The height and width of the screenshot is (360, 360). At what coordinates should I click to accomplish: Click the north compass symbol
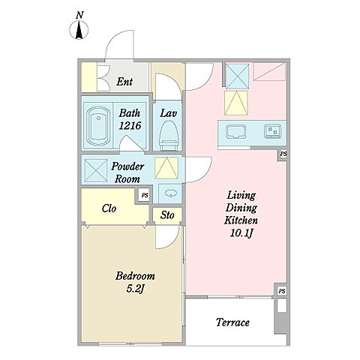pyautogui.click(x=79, y=30)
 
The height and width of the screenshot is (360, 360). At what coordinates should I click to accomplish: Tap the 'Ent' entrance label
pyautogui.click(x=124, y=82)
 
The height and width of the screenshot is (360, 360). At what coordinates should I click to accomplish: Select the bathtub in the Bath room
pyautogui.click(x=98, y=126)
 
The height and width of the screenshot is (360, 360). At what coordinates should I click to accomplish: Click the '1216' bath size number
pyautogui.click(x=130, y=125)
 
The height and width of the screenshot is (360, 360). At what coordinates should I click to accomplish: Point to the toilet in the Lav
pyautogui.click(x=169, y=136)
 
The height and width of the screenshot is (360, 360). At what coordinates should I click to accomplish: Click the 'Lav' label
pyautogui.click(x=168, y=113)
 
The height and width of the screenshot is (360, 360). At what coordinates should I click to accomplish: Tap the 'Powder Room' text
pyautogui.click(x=127, y=172)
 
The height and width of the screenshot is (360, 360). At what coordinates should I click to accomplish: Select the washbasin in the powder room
pyautogui.click(x=171, y=193)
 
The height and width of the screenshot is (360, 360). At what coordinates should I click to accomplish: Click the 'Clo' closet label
pyautogui.click(x=109, y=208)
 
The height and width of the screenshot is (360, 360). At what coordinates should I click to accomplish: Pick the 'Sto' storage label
pyautogui.click(x=167, y=215)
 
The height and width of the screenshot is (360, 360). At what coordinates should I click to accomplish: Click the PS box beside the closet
pyautogui.click(x=145, y=195)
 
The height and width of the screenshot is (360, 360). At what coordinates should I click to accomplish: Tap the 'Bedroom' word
pyautogui.click(x=135, y=276)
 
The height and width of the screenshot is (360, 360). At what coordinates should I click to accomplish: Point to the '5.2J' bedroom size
pyautogui.click(x=135, y=289)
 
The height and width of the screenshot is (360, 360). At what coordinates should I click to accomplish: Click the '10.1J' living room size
pyautogui.click(x=241, y=233)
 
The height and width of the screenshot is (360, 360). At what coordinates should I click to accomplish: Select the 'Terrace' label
pyautogui.click(x=232, y=322)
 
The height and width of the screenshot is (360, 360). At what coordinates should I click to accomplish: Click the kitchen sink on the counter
pyautogui.click(x=235, y=131)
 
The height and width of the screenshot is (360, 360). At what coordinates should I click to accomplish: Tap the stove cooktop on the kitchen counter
pyautogui.click(x=272, y=131)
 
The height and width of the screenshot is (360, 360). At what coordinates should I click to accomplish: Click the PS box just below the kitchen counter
pyautogui.click(x=283, y=154)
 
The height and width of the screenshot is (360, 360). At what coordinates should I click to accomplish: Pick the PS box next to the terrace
pyautogui.click(x=282, y=291)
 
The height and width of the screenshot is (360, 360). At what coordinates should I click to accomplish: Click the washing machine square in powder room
pyautogui.click(x=96, y=170)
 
